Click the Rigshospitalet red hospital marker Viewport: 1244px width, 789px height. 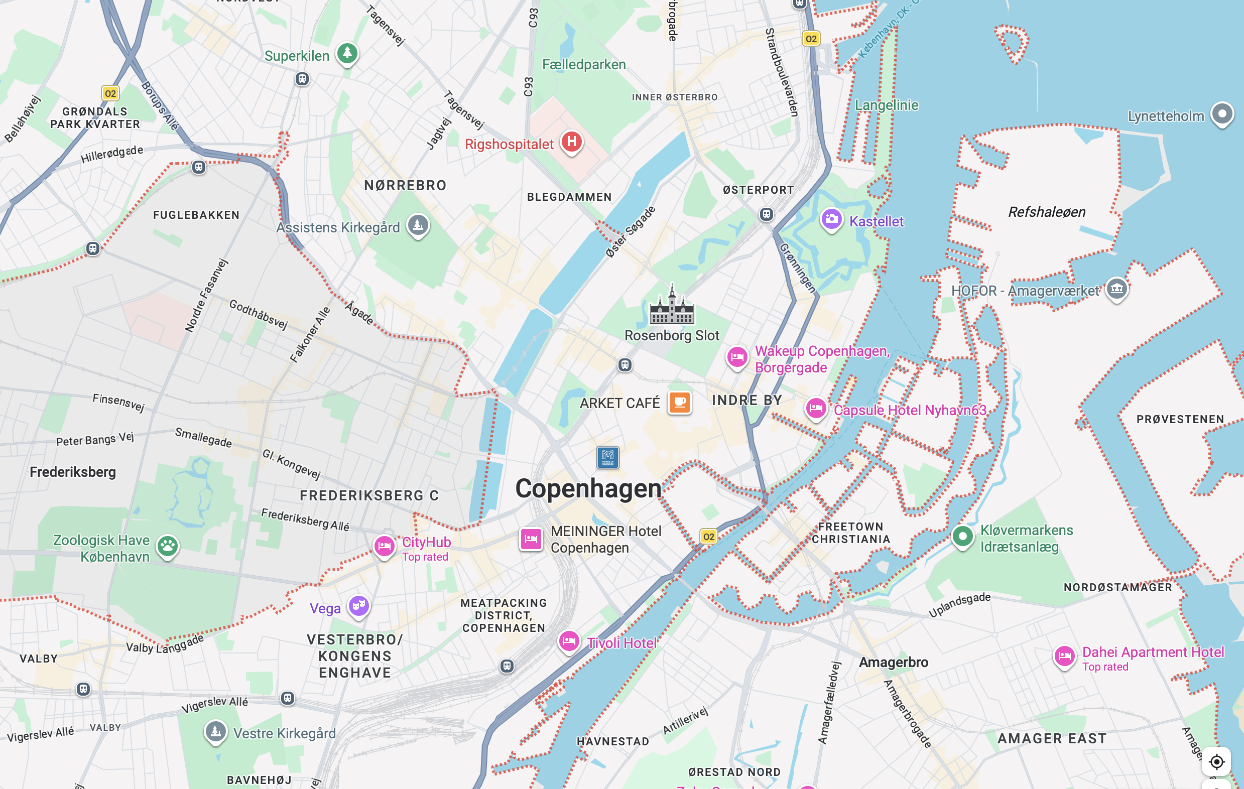coord(571,142)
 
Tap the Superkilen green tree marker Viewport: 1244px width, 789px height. coord(347,53)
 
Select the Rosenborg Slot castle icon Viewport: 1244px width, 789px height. coord(672,307)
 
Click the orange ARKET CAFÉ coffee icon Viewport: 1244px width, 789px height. coord(679,402)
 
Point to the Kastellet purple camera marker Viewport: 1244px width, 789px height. coord(831,219)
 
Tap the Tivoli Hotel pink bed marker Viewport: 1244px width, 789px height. coord(569,642)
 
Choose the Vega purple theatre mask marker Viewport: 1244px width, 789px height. coord(358,605)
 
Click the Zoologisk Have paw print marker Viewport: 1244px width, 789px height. coord(167,546)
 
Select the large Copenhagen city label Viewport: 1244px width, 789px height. coord(588,488)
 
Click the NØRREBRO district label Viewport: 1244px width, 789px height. coord(405,185)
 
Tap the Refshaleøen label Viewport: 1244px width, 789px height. coord(1046,212)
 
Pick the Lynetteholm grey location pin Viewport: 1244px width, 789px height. coord(1222,114)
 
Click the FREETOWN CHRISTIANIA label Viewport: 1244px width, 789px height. coord(851,533)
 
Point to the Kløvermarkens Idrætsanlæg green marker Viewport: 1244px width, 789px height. coord(962,537)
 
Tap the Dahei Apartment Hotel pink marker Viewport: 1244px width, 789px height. coord(1064,656)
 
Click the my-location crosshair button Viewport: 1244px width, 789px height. coord(1216,761)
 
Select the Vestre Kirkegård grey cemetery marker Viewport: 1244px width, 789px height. coord(215,732)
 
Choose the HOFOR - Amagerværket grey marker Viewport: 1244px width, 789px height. coord(1116,289)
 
